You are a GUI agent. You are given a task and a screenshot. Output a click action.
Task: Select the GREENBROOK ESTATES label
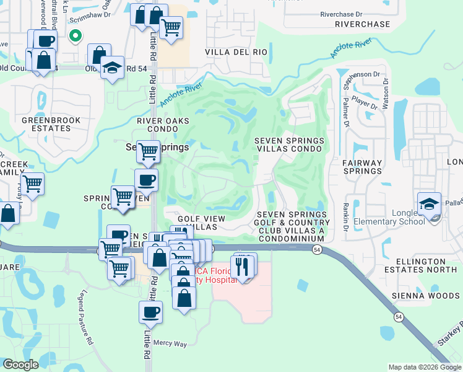[x=46, y=124]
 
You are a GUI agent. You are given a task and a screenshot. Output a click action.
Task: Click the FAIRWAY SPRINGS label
[x=363, y=167]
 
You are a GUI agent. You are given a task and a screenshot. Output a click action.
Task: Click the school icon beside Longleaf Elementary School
[x=429, y=203]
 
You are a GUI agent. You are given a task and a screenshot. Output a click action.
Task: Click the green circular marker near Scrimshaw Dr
[x=75, y=37]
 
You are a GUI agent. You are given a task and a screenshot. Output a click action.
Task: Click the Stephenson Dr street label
[x=361, y=74]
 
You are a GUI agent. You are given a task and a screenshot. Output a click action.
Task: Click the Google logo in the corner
[x=21, y=365]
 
